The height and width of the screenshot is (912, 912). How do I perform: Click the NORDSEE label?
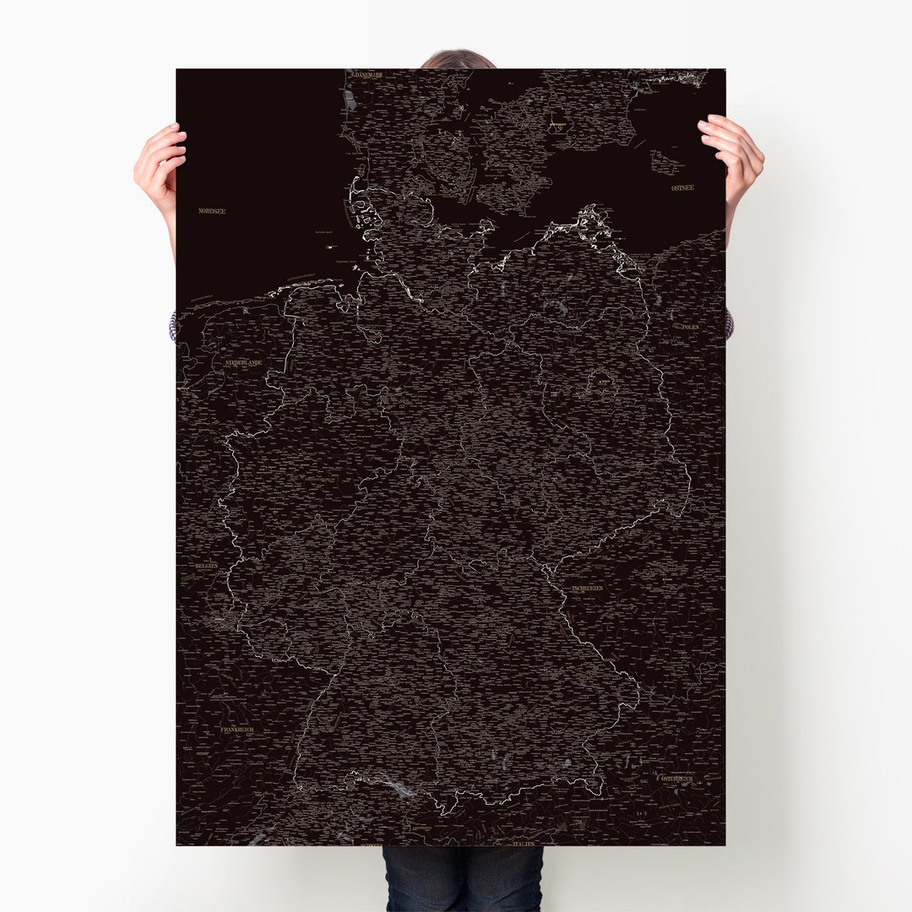coord(211,210)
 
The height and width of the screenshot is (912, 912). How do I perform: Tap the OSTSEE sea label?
coord(681,187)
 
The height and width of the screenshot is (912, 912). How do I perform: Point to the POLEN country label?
coord(691,326)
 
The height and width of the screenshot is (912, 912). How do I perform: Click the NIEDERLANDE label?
coord(243,362)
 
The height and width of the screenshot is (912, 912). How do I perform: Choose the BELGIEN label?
coord(206,565)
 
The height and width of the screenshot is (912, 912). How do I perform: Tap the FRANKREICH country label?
coord(236,729)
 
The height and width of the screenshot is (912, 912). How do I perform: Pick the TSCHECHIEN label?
coord(587,588)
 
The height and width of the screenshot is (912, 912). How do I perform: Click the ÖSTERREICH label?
coord(676,778)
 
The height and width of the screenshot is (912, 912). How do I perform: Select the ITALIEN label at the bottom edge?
coord(524,843)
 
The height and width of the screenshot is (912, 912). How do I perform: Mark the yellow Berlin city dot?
coord(602,383)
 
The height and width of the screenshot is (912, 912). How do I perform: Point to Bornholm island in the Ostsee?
coord(667,162)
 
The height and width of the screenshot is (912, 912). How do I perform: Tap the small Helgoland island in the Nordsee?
coord(329,247)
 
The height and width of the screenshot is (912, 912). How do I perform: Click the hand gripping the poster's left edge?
coord(160,165)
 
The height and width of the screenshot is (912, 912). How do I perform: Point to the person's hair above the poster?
coord(457,60)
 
